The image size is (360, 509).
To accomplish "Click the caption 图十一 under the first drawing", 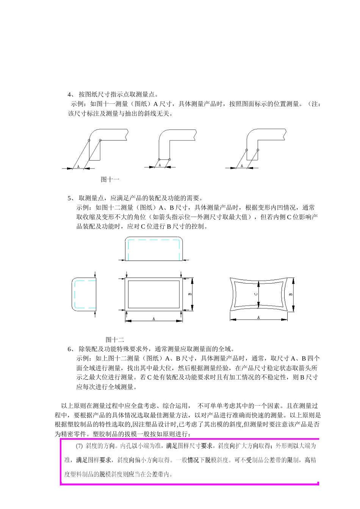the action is coord(110,179).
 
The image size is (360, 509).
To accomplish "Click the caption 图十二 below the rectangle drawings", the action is coord(114,340).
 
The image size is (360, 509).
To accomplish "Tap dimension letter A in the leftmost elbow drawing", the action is coord(78,166).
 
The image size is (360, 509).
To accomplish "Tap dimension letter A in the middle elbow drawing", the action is coord(160,165).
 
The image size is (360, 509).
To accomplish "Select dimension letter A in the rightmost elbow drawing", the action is coord(242,166).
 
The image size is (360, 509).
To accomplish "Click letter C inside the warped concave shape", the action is coord(256,294).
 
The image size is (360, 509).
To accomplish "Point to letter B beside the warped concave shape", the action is coord(291,294).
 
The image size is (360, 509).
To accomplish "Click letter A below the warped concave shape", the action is coord(258,317).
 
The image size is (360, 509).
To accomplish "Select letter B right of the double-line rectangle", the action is coord(190,294).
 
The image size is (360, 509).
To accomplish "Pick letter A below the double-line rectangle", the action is coord(154,319).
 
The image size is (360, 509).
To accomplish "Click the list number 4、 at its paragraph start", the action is coord(71,94).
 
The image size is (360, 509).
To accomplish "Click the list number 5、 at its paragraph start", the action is coord(71,198).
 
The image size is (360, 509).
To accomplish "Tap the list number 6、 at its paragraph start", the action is coord(71,349).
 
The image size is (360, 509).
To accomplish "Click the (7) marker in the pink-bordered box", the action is coord(79,446).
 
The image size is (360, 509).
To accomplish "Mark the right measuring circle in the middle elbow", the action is coord(169,159).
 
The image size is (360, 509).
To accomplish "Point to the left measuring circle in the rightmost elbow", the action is coord(246,150).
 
